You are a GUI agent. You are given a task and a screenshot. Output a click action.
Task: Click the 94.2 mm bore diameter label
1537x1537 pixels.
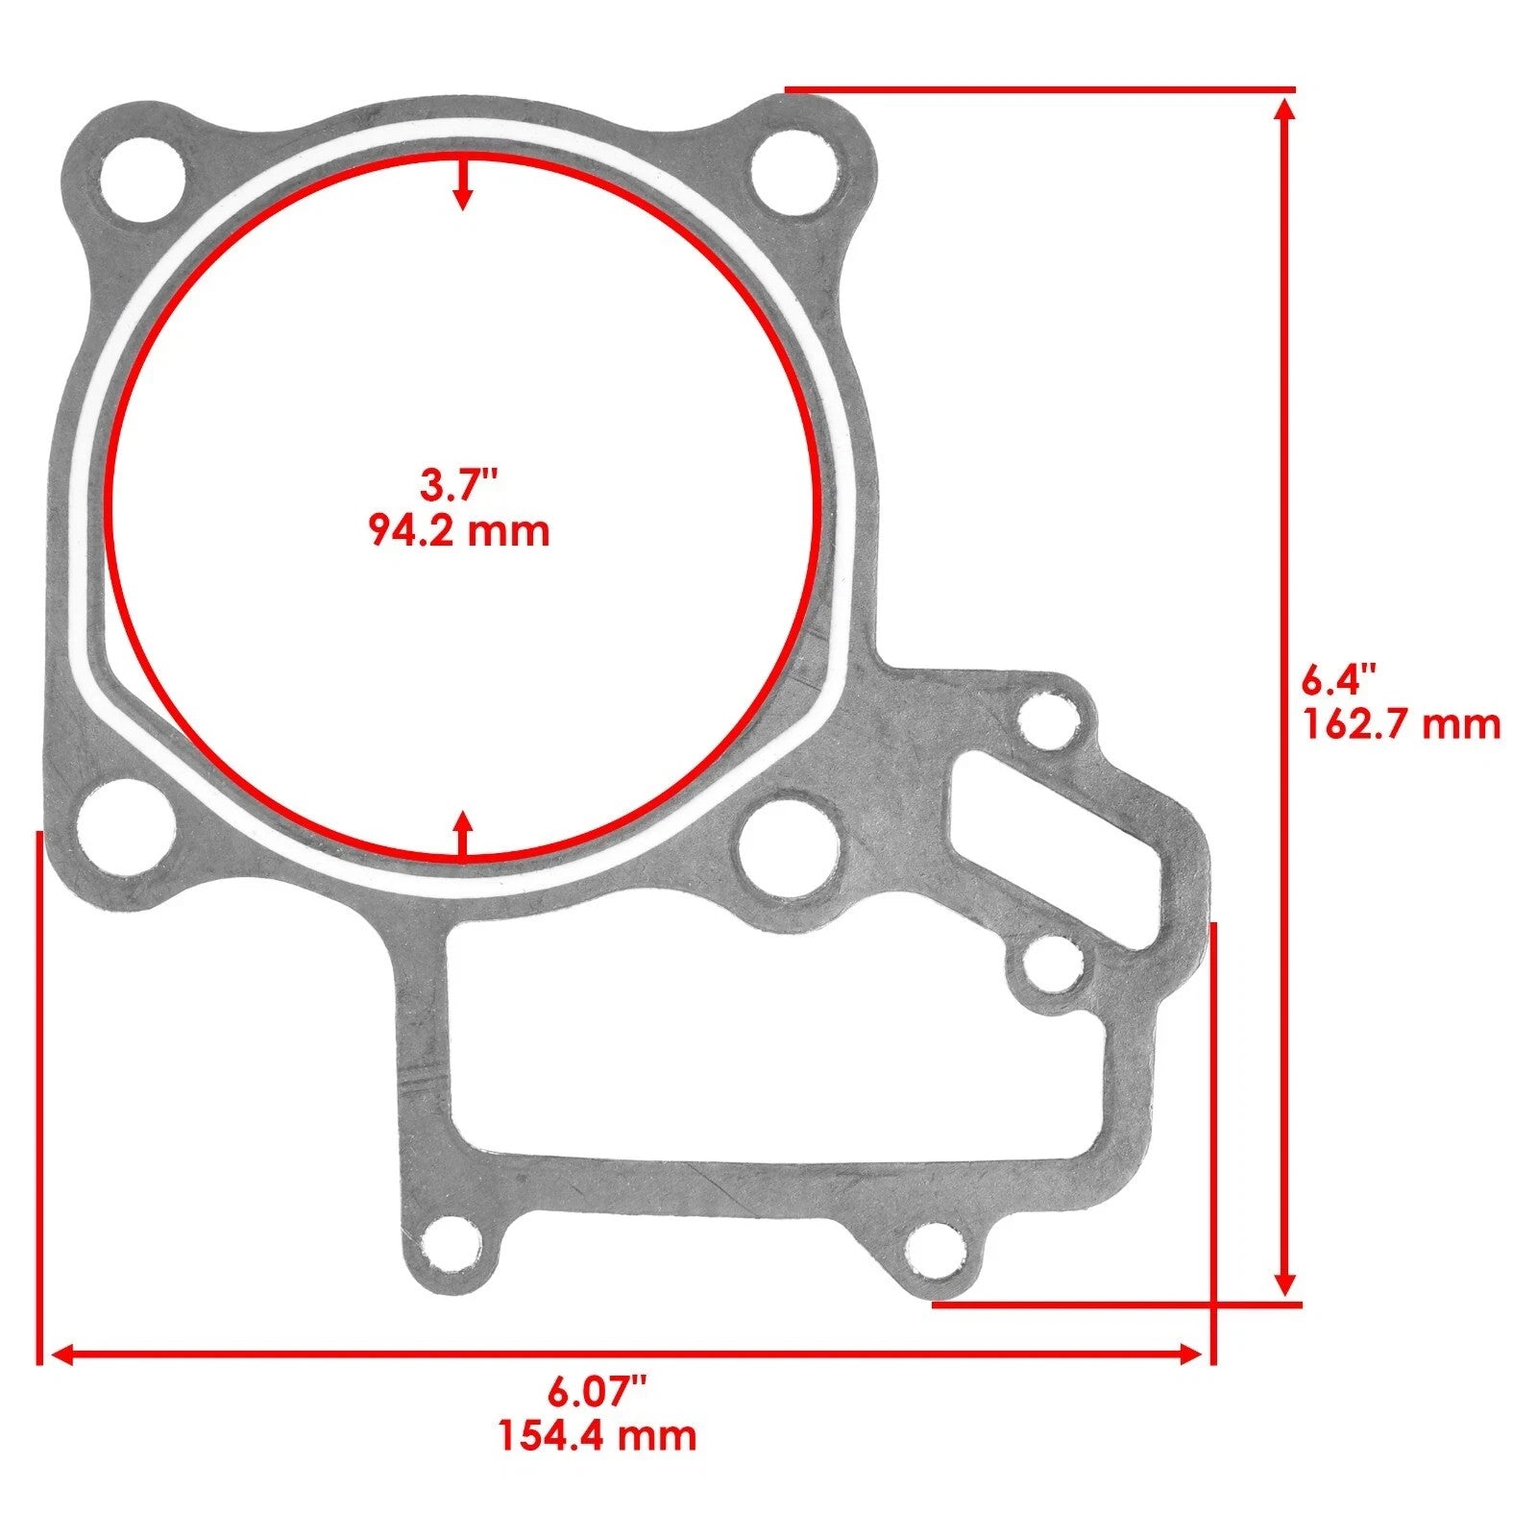[x=459, y=530]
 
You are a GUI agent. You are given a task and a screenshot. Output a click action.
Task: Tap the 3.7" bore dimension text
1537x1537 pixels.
[x=459, y=483]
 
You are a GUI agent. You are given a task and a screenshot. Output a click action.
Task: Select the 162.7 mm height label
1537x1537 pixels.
[x=1401, y=723]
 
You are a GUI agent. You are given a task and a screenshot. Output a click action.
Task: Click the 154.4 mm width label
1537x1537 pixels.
[x=597, y=1435]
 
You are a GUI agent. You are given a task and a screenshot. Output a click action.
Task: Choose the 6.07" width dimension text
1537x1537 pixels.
[x=597, y=1390]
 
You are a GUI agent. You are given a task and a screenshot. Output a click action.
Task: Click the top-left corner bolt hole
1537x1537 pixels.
[x=143, y=176]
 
